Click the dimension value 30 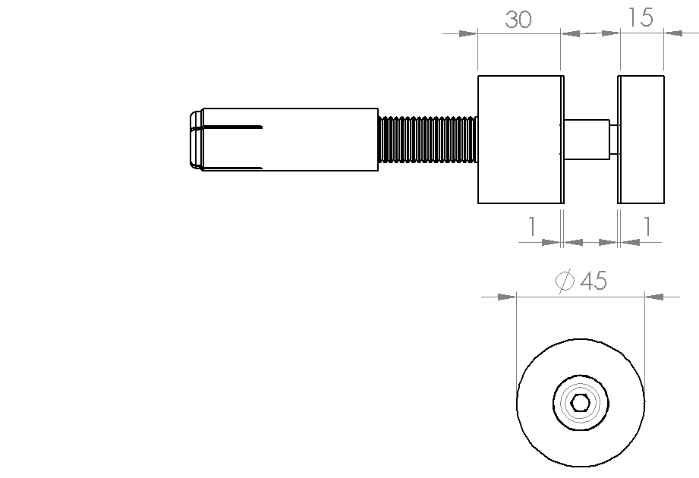pyautogui.click(x=518, y=20)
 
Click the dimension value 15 pyautogui.click(x=641, y=17)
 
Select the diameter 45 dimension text pyautogui.click(x=581, y=281)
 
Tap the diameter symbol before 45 pyautogui.click(x=565, y=281)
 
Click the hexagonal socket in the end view pyautogui.click(x=581, y=403)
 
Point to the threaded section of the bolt pyautogui.click(x=428, y=140)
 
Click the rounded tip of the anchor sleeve pyautogui.click(x=196, y=140)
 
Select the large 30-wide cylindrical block pyautogui.click(x=521, y=140)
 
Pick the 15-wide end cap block pyautogui.click(x=641, y=140)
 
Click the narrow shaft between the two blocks pyautogui.click(x=587, y=140)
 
